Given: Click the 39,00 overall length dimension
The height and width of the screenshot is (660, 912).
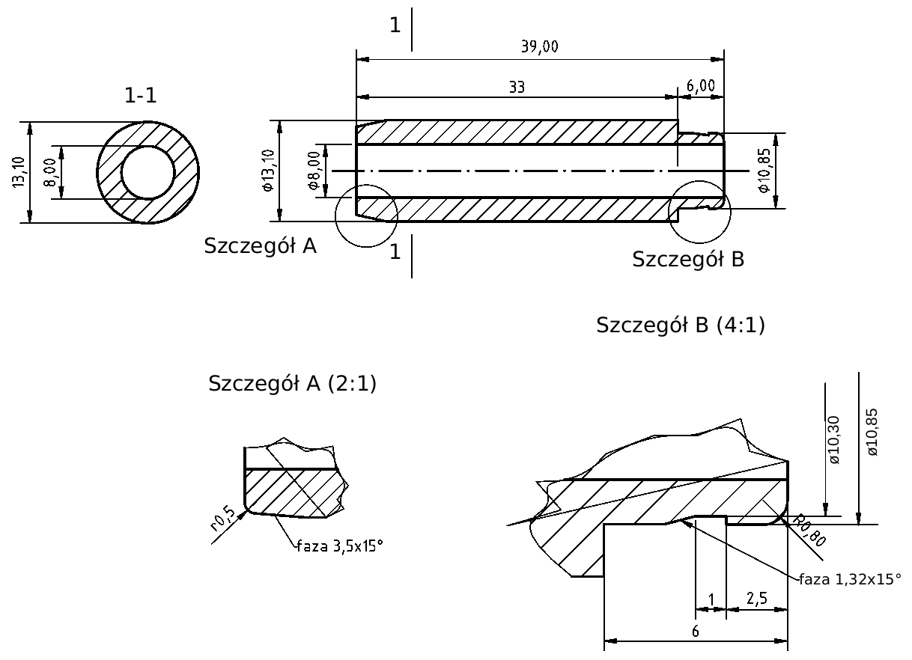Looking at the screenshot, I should (539, 47).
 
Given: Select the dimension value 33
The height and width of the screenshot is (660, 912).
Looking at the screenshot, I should (517, 87).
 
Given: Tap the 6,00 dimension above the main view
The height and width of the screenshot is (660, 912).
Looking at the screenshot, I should (701, 87).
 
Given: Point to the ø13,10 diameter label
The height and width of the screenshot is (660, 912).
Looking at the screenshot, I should (269, 171).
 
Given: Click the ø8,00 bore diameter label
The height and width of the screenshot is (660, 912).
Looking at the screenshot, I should (314, 170).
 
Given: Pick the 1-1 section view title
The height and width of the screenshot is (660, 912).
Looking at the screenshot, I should (141, 95).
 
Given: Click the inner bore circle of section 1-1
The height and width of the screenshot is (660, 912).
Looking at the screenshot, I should (148, 172).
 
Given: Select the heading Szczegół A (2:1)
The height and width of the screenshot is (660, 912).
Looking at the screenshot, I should (292, 384).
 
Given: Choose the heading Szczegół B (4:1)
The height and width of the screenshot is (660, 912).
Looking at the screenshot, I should (681, 326).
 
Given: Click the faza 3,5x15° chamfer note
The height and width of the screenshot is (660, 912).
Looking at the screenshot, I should (340, 546).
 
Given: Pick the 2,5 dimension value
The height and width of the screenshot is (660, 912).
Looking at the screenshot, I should (756, 598).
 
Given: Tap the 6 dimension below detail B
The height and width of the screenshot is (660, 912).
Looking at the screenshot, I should (695, 631).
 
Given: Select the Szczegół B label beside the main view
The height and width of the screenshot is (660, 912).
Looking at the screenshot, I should (687, 260).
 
